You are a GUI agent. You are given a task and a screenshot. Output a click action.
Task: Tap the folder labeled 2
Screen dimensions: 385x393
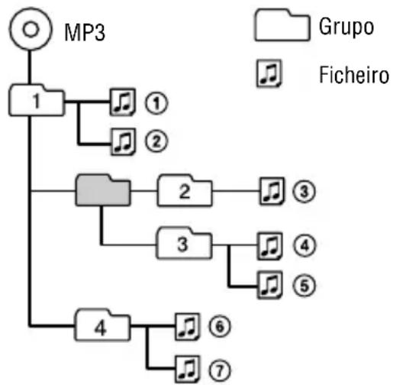point(183,191)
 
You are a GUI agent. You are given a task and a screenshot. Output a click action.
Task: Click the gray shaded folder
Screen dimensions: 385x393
point(101,189)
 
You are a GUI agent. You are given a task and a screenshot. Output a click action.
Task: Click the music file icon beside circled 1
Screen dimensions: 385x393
point(121,101)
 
